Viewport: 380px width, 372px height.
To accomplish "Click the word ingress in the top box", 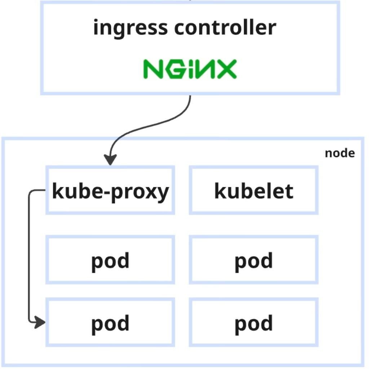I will point(130,28).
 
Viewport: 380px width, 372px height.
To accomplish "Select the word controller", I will point(225,28).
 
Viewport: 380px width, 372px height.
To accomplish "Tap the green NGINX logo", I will point(190,69).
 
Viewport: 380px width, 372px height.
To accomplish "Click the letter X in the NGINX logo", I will point(226,69).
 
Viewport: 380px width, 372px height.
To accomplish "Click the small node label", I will point(340,153).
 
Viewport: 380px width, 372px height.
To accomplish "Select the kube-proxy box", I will point(110,190).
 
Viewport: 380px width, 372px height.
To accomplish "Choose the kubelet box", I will point(253,190).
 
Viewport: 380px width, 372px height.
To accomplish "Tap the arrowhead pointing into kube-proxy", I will point(110,160).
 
